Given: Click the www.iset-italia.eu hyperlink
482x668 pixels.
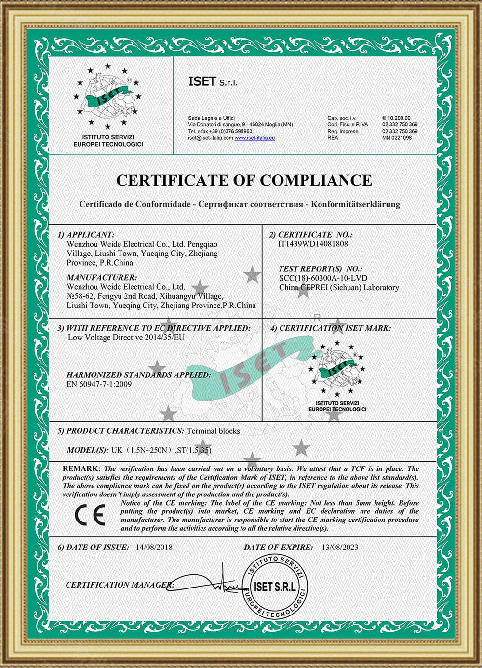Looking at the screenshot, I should click(254, 138).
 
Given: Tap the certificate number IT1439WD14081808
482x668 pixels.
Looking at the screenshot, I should click(313, 244).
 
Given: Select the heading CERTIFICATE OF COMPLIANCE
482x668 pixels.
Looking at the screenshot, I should click(244, 180).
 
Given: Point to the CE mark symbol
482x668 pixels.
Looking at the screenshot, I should click(90, 515).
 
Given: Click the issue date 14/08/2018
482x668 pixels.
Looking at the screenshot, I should click(154, 548).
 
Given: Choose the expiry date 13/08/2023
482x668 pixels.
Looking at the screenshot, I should click(340, 548).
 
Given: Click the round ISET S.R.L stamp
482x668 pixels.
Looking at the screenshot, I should click(275, 586).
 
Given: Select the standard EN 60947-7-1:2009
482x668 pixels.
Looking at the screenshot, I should click(99, 384).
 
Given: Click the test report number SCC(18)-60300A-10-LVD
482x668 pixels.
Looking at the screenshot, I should click(323, 278).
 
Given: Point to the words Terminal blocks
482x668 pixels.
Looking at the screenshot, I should click(213, 431).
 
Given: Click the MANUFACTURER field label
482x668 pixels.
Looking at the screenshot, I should click(102, 278).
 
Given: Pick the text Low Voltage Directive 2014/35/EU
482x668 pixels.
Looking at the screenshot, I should click(126, 337).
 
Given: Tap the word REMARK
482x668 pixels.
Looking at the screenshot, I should click(81, 468).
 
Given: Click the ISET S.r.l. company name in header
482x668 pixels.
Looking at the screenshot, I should click(213, 81).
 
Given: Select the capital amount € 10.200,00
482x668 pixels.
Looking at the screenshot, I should click(396, 118).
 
